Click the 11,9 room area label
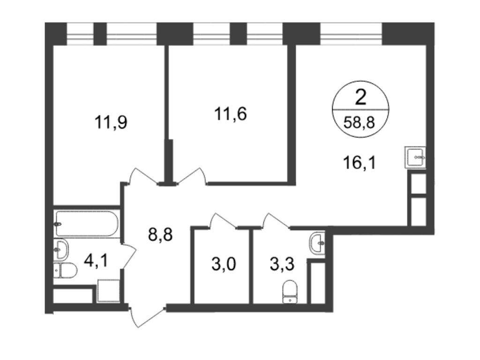tap(111, 122)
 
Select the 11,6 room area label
tap(230, 114)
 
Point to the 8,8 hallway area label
tap(160, 235)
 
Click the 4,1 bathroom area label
tap(96, 261)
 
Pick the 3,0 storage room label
tap(224, 264)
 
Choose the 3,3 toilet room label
tap(282, 264)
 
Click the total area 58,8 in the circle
tap(359, 123)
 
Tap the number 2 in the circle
tap(360, 98)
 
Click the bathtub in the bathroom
tap(87, 224)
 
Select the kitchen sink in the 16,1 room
tap(415, 157)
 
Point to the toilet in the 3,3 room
tap(290, 292)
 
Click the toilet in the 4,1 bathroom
tap(65, 270)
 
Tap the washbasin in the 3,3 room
tap(317, 243)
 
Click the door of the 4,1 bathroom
tap(128, 256)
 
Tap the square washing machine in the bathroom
tap(108, 291)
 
